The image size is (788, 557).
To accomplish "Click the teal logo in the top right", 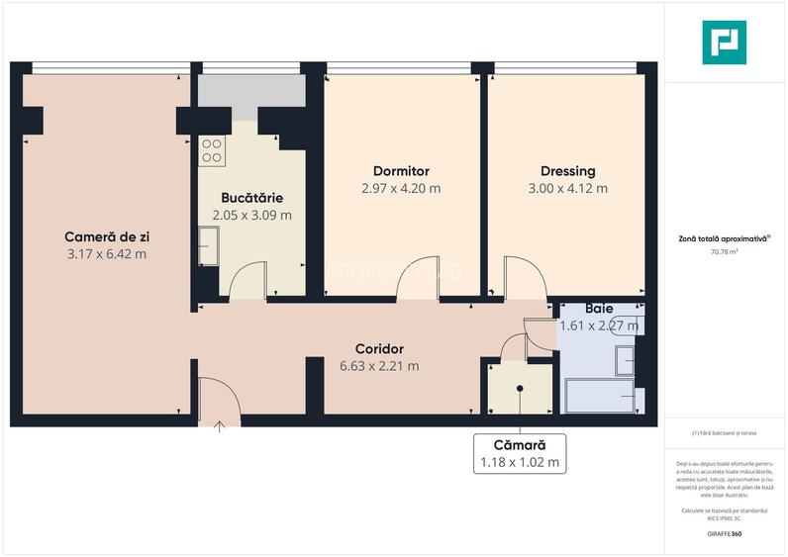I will coord(724,42).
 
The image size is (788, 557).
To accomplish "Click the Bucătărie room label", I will coord(251,197).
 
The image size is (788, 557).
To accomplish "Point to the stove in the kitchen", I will coord(212,149).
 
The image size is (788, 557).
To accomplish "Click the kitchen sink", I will coord(208,243).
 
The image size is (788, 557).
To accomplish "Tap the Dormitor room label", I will coord(401,170).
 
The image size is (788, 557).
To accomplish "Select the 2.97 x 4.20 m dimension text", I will coord(401,188).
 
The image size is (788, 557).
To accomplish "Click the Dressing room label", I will coord(567,170).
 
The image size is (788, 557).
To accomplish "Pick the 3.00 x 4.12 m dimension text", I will coord(567,188).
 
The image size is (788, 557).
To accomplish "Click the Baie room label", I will coord(599,309).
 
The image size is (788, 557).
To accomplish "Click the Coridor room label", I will coord(379,348).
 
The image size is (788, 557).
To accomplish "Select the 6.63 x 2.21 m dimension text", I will coord(379,366).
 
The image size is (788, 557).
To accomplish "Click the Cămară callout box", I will coord(520,453).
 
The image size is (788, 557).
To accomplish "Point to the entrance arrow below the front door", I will coord(219,426).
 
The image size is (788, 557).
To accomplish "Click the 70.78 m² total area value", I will coord(725,252).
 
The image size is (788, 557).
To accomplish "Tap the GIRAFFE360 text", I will coord(725,534).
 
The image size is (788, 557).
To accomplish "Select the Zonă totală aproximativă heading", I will coord(724,237).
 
